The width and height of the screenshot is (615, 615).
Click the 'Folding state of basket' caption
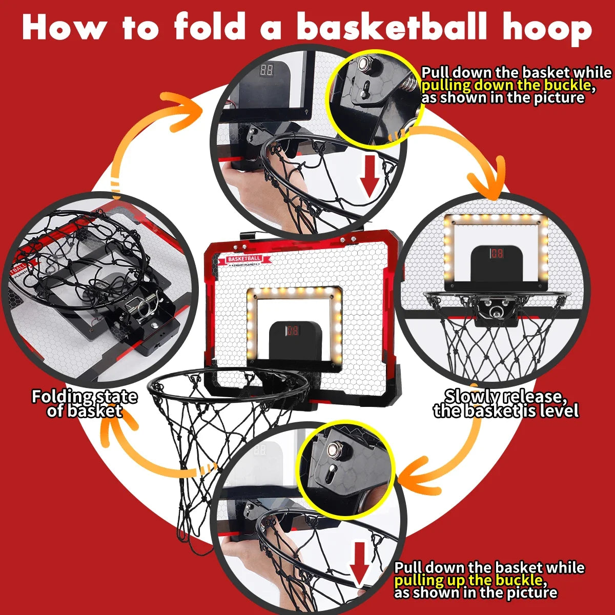click(x=85, y=403)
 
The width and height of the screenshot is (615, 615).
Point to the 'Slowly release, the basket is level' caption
click(x=506, y=403)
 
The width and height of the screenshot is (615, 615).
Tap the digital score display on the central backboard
click(x=293, y=331)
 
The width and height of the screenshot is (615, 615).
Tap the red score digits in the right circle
click(x=497, y=254)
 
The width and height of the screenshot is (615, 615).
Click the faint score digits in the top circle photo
click(x=266, y=70)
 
